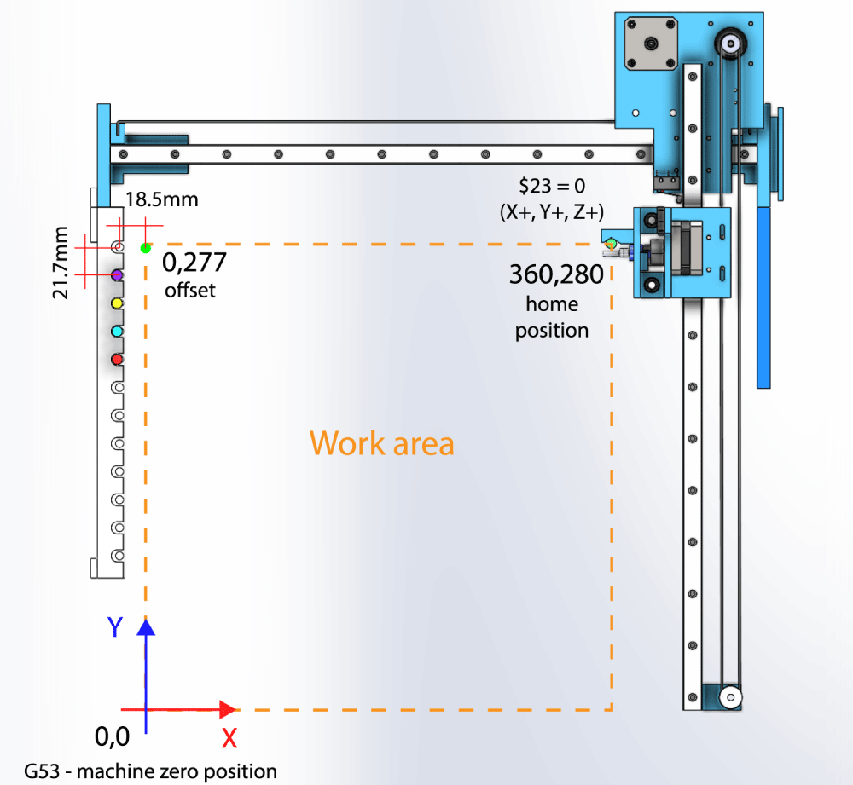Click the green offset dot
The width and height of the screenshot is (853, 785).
(146, 248)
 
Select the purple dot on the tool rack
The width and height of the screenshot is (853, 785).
(118, 274)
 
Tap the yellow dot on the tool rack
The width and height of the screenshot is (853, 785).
(118, 303)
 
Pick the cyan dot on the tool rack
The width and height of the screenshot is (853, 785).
(118, 331)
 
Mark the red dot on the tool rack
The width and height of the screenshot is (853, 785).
(118, 359)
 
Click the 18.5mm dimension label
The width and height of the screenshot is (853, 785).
(162, 200)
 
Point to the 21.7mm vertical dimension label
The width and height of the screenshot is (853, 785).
(61, 263)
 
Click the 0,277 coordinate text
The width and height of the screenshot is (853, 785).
(194, 262)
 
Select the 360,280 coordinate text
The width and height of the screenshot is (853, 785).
(556, 274)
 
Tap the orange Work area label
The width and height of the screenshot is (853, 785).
(381, 443)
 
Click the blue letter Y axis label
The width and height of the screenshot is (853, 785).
(116, 628)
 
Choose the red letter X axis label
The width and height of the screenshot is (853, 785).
(229, 738)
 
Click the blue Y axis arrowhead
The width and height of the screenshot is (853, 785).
(146, 627)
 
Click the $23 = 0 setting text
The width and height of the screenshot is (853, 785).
(552, 184)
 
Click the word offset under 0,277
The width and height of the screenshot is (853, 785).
(190, 290)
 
